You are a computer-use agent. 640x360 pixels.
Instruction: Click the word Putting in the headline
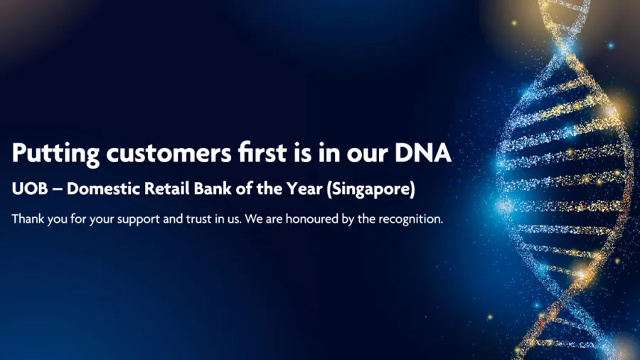[x=55, y=154]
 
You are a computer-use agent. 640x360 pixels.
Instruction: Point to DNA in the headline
[x=423, y=153]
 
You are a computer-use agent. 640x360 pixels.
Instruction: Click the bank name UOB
[x=30, y=189]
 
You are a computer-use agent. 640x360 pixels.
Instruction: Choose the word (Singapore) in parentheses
[x=371, y=189]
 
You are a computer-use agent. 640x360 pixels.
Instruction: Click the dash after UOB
[x=58, y=190]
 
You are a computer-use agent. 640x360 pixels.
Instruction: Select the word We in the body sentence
[x=254, y=219]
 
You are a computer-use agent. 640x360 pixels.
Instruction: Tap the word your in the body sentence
[x=101, y=221]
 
